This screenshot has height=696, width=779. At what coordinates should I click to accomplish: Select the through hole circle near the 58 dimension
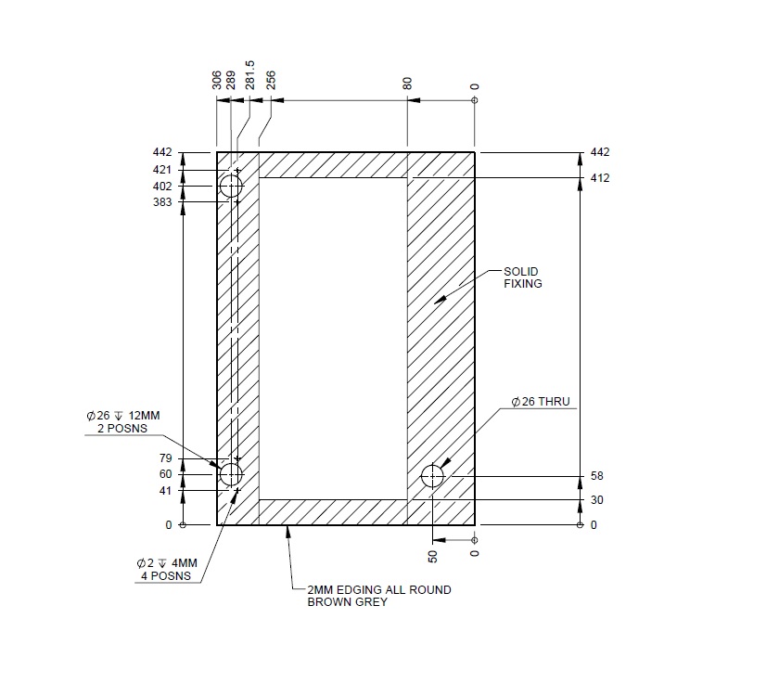432,477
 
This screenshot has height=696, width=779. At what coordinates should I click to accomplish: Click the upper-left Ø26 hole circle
230,187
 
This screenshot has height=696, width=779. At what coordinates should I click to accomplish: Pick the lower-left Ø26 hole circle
230,474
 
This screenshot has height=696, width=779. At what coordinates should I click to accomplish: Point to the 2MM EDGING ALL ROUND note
379,596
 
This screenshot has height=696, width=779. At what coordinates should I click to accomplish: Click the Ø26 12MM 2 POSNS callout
122,422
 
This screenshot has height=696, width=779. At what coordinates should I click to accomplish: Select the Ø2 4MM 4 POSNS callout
167,569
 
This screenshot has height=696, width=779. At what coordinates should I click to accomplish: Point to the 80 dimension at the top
408,84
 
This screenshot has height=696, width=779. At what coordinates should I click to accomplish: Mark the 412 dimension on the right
600,177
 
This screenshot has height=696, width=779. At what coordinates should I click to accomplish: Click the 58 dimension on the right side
596,477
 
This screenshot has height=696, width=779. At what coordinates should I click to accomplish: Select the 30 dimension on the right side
596,500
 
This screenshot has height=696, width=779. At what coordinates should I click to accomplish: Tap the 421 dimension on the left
162,170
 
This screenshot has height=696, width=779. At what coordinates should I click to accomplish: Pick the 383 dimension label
162,202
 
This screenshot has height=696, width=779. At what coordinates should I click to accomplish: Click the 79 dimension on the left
167,458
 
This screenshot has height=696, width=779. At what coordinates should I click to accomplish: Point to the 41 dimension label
167,491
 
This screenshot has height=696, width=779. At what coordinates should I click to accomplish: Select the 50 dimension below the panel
432,556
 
